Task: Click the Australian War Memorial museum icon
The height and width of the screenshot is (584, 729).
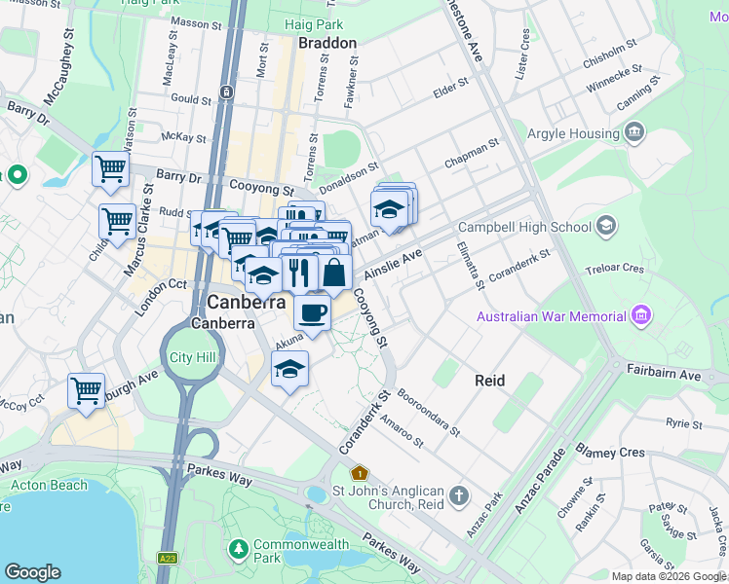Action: pos(640,315)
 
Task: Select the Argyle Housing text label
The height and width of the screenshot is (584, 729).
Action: pos(573,132)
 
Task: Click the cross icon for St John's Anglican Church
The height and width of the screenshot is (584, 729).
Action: pos(459,497)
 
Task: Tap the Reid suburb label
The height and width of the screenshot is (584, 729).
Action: pos(489,381)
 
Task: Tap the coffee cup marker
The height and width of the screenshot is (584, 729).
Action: pos(312,313)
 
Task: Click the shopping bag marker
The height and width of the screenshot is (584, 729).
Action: pos(333,273)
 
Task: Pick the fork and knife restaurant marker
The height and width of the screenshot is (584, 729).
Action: pos(300,273)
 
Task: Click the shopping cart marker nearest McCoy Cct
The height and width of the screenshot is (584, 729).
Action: pos(86,391)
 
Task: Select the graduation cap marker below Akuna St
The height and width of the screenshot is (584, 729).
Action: pos(288,370)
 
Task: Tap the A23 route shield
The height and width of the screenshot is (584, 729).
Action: pos(168,557)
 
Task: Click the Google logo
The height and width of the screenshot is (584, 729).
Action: pos(32,572)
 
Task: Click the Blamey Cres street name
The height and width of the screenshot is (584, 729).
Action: pos(610,453)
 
